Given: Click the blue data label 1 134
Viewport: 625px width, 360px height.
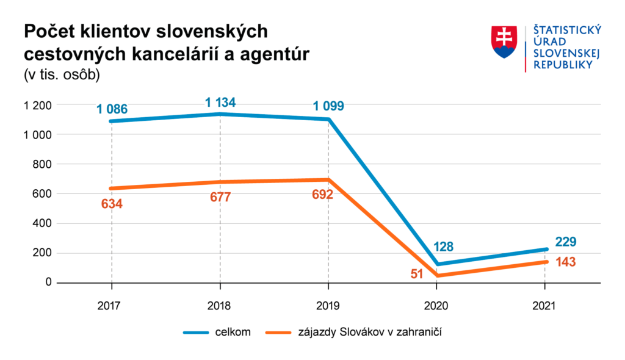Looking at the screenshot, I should pos(220,102).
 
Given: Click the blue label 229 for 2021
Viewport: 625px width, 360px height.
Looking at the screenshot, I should pos(566,242).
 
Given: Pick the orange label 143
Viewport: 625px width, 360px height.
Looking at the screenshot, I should pos(566,262).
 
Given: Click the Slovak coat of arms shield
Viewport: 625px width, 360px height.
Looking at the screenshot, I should pos(505,42).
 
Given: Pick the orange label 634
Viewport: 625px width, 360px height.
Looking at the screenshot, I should pos(112,204).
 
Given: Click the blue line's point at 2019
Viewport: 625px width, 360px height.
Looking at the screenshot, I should pos(328,119).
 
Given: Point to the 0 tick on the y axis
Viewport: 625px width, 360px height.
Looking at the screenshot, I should pos(47,283).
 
